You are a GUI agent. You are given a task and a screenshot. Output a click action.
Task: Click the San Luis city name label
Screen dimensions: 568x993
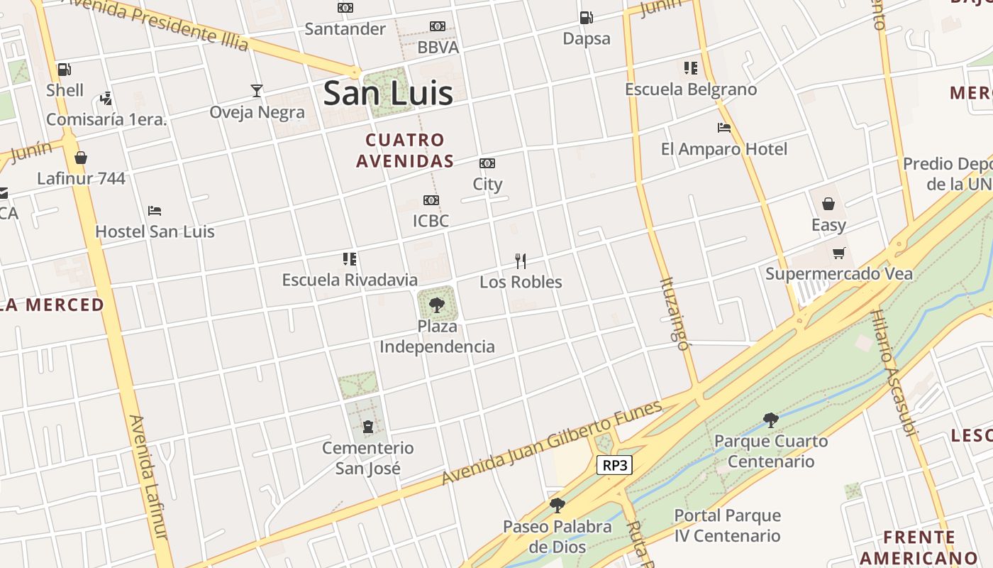[388, 93]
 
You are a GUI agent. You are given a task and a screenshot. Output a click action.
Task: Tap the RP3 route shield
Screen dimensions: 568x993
[614, 466]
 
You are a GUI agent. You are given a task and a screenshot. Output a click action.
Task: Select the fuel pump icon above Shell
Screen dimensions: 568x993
[65, 70]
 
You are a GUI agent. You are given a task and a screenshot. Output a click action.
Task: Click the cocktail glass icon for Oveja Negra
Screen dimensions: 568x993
[257, 90]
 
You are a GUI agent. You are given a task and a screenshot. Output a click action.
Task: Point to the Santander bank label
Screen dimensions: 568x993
[345, 29]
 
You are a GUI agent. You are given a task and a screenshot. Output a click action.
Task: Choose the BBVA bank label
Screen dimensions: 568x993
[438, 48]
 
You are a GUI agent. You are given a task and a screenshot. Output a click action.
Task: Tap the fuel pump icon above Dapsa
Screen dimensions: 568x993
[586, 18]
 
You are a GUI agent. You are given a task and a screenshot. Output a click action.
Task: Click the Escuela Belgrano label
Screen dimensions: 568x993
[690, 89]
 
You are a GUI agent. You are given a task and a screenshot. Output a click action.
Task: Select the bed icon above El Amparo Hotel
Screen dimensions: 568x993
[723, 128]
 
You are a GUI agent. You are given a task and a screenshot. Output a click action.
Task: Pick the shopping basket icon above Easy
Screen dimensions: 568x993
[828, 204]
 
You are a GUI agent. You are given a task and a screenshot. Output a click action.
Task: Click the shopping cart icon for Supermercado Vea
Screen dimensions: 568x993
[839, 253]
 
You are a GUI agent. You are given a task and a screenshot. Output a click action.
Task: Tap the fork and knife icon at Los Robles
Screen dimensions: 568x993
[521, 261]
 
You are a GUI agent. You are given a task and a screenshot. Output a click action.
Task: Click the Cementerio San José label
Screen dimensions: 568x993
[367, 458]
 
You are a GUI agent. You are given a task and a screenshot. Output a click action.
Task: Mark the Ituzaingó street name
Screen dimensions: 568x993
[675, 313]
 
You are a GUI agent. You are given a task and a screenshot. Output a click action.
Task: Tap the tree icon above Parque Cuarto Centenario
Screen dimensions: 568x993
[770, 420]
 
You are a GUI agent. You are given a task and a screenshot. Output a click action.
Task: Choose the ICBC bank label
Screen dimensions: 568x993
[431, 221]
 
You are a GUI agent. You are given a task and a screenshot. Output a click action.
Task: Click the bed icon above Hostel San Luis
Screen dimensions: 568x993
[155, 211]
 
